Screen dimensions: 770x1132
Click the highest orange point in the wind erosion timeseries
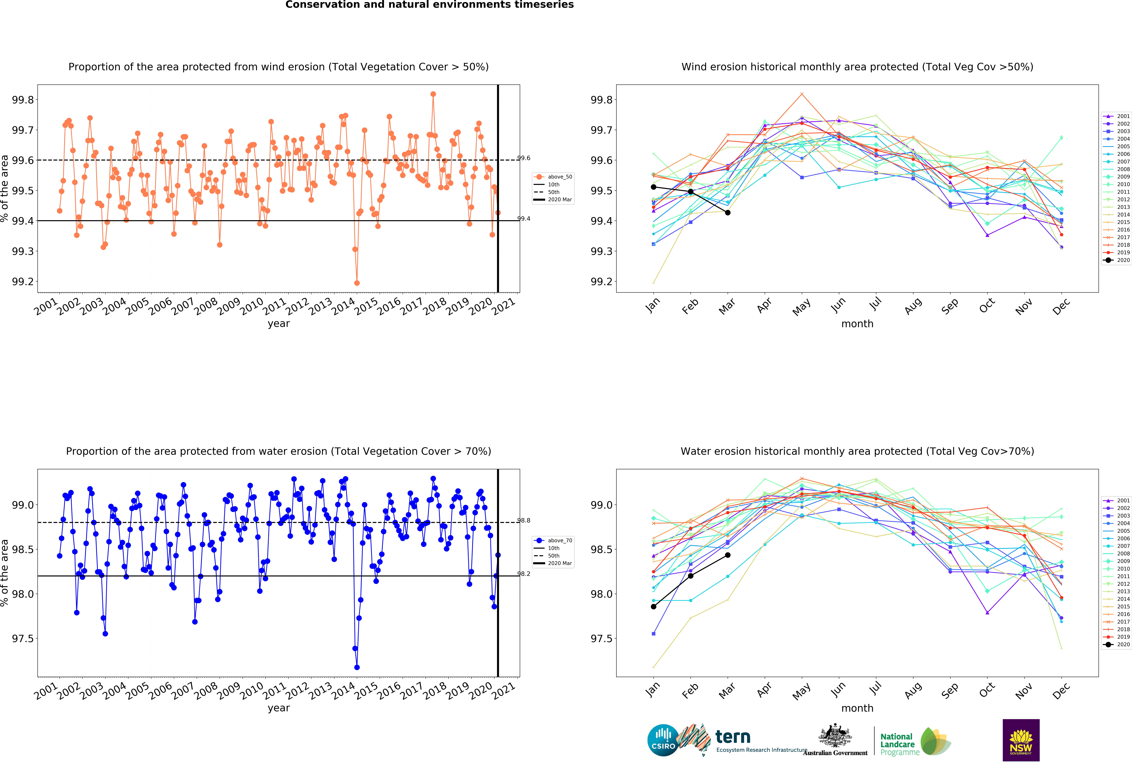click(x=433, y=94)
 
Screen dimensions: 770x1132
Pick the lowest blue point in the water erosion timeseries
click(x=357, y=667)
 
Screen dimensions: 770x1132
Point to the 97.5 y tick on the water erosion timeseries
click(x=23, y=638)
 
